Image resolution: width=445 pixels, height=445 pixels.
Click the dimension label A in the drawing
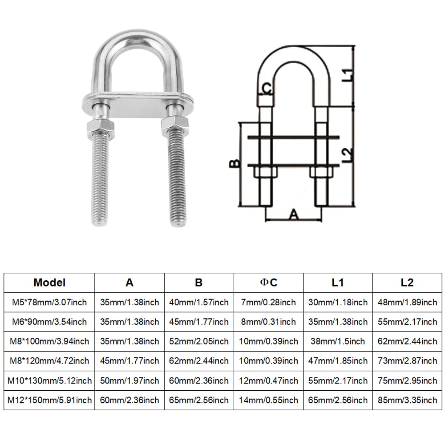[x=294, y=214]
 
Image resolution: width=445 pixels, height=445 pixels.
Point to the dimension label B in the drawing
[x=235, y=164]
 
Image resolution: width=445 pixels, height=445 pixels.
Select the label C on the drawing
[x=267, y=89]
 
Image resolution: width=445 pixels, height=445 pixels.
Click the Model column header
[x=49, y=283]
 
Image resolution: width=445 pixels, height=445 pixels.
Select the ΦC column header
[x=268, y=283]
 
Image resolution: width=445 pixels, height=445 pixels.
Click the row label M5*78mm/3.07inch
[x=49, y=302]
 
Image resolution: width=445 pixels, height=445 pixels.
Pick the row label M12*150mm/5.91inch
[x=49, y=400]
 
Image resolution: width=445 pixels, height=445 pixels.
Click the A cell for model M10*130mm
[x=129, y=380]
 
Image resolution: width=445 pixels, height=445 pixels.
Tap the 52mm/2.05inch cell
[x=198, y=341]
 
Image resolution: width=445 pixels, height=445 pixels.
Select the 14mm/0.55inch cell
[x=268, y=400]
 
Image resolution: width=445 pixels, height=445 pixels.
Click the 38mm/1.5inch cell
[x=338, y=341]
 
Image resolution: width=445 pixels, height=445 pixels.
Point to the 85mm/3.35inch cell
[x=407, y=400]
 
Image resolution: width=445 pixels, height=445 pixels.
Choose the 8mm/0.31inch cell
[x=268, y=322]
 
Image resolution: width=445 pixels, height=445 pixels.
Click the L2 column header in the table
[x=407, y=283]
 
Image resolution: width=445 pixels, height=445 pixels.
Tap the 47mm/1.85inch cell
[x=338, y=361]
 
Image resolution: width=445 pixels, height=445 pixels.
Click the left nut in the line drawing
[x=265, y=172]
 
